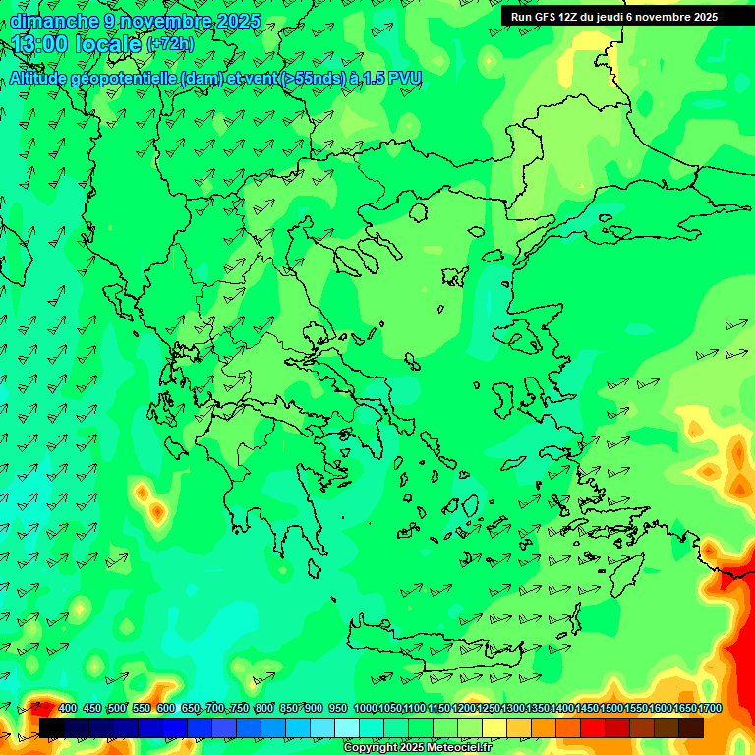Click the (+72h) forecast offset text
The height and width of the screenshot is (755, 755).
[x=171, y=44]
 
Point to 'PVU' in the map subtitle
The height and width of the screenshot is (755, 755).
[x=405, y=79]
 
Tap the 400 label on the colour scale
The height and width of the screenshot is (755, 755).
[x=68, y=709]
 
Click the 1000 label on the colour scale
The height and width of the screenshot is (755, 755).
[x=365, y=709]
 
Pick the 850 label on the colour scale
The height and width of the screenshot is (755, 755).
[x=289, y=709]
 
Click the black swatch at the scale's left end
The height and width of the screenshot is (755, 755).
[x=52, y=727]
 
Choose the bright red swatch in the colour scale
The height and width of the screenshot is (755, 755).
[x=593, y=727]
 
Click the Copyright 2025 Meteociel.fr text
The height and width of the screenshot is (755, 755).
[x=417, y=748]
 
